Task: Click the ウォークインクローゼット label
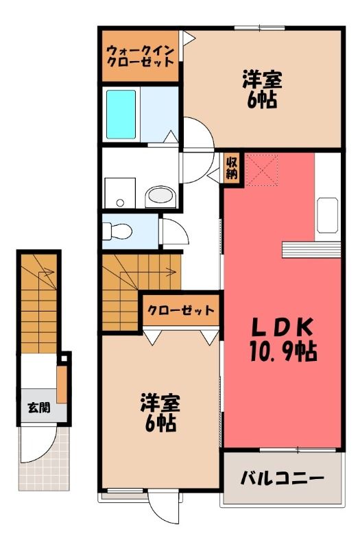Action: coord(140,56)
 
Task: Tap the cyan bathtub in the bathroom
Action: coord(121,114)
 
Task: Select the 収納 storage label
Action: coord(232,168)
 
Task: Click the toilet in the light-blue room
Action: coord(117,231)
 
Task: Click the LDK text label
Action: coord(282,327)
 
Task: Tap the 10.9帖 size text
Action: coord(283,351)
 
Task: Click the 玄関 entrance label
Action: coord(39,407)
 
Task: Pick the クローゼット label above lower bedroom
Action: coord(180,310)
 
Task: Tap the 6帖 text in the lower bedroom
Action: coord(160,424)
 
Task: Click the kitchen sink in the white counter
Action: coord(327,215)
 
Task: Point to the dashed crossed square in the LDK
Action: coord(261,170)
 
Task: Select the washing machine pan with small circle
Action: coord(120,193)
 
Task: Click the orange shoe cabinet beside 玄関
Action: coord(62,384)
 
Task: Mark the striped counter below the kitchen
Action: coord(311,250)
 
